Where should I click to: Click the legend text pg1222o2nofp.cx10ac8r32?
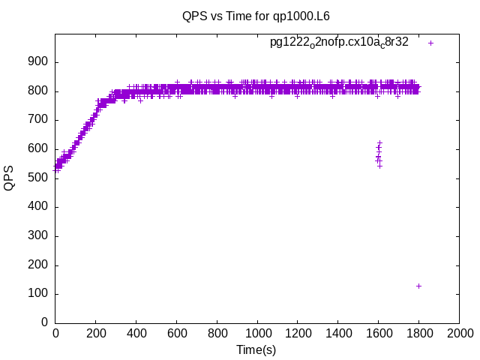click(x=339, y=43)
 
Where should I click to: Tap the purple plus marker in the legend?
click(x=430, y=43)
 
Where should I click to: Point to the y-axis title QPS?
click(x=10, y=178)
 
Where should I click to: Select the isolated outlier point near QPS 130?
click(x=418, y=286)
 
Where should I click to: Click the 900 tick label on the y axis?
click(x=39, y=62)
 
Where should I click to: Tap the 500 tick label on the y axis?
click(x=39, y=178)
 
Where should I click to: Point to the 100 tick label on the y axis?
click(x=39, y=293)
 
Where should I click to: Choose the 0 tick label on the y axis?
click(x=45, y=322)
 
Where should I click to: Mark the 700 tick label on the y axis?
click(x=39, y=120)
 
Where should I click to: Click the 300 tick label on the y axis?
click(x=39, y=235)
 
